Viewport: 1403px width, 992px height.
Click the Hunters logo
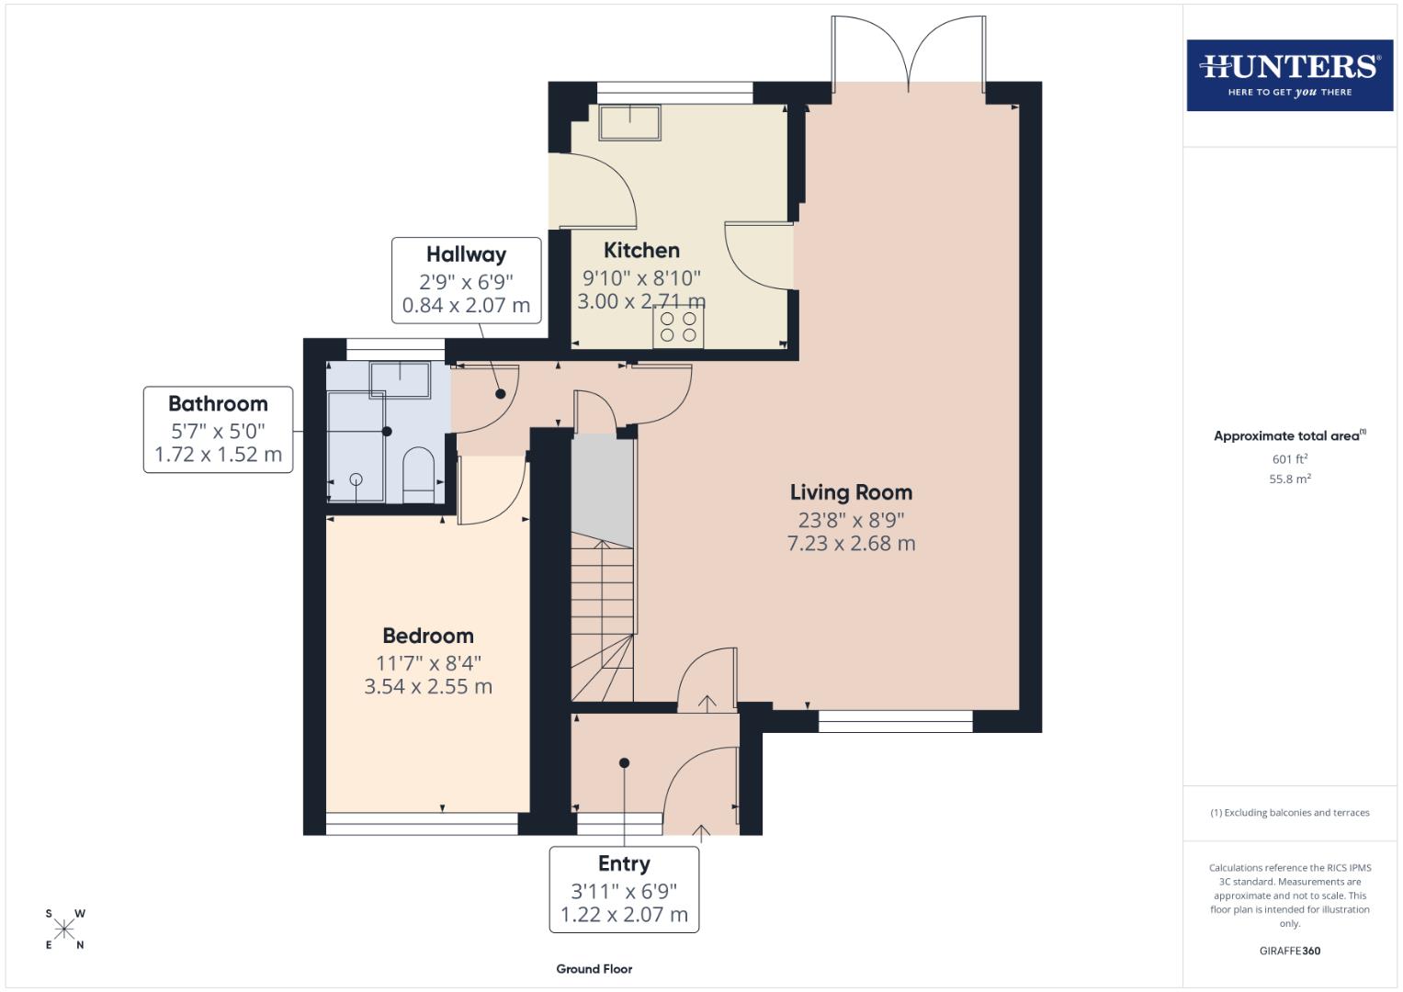tap(1289, 74)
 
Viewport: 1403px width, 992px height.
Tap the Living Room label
tap(851, 492)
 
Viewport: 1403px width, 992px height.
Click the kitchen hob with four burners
tap(678, 328)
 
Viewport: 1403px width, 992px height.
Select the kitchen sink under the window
tap(630, 121)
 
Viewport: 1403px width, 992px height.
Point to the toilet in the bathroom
tap(418, 476)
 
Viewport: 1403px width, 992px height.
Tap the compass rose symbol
tap(64, 930)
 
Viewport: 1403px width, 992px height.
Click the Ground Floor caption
tap(594, 969)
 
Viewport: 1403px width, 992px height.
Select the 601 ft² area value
tap(1289, 459)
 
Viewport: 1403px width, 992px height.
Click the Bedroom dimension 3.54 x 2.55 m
tap(428, 686)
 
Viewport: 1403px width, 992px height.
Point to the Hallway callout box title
tap(466, 254)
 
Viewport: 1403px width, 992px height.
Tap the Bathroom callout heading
tap(218, 403)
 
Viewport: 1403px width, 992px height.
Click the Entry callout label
tap(624, 863)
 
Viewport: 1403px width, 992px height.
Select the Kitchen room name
tap(641, 250)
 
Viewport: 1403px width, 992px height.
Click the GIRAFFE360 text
tap(1289, 951)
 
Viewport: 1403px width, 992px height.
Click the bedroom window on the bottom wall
tap(422, 824)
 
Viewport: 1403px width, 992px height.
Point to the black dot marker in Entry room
tap(624, 762)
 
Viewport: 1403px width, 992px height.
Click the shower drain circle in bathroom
tap(356, 479)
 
